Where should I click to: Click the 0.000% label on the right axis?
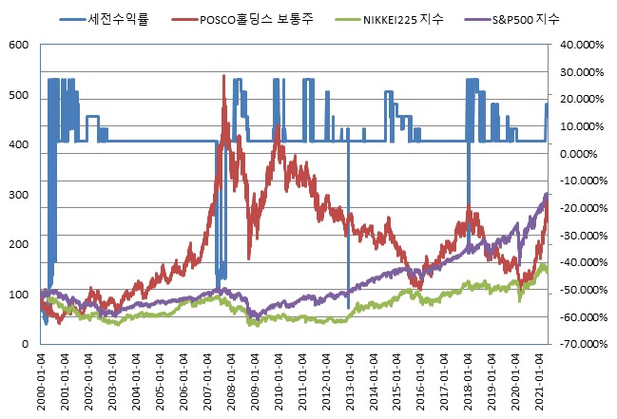pos(584,154)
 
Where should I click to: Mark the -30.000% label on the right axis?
pos(581,236)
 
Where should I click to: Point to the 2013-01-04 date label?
pos(349,382)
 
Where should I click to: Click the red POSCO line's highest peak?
pos(223,76)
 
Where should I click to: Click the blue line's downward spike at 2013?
pos(348,306)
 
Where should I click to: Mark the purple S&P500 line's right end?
pos(548,195)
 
